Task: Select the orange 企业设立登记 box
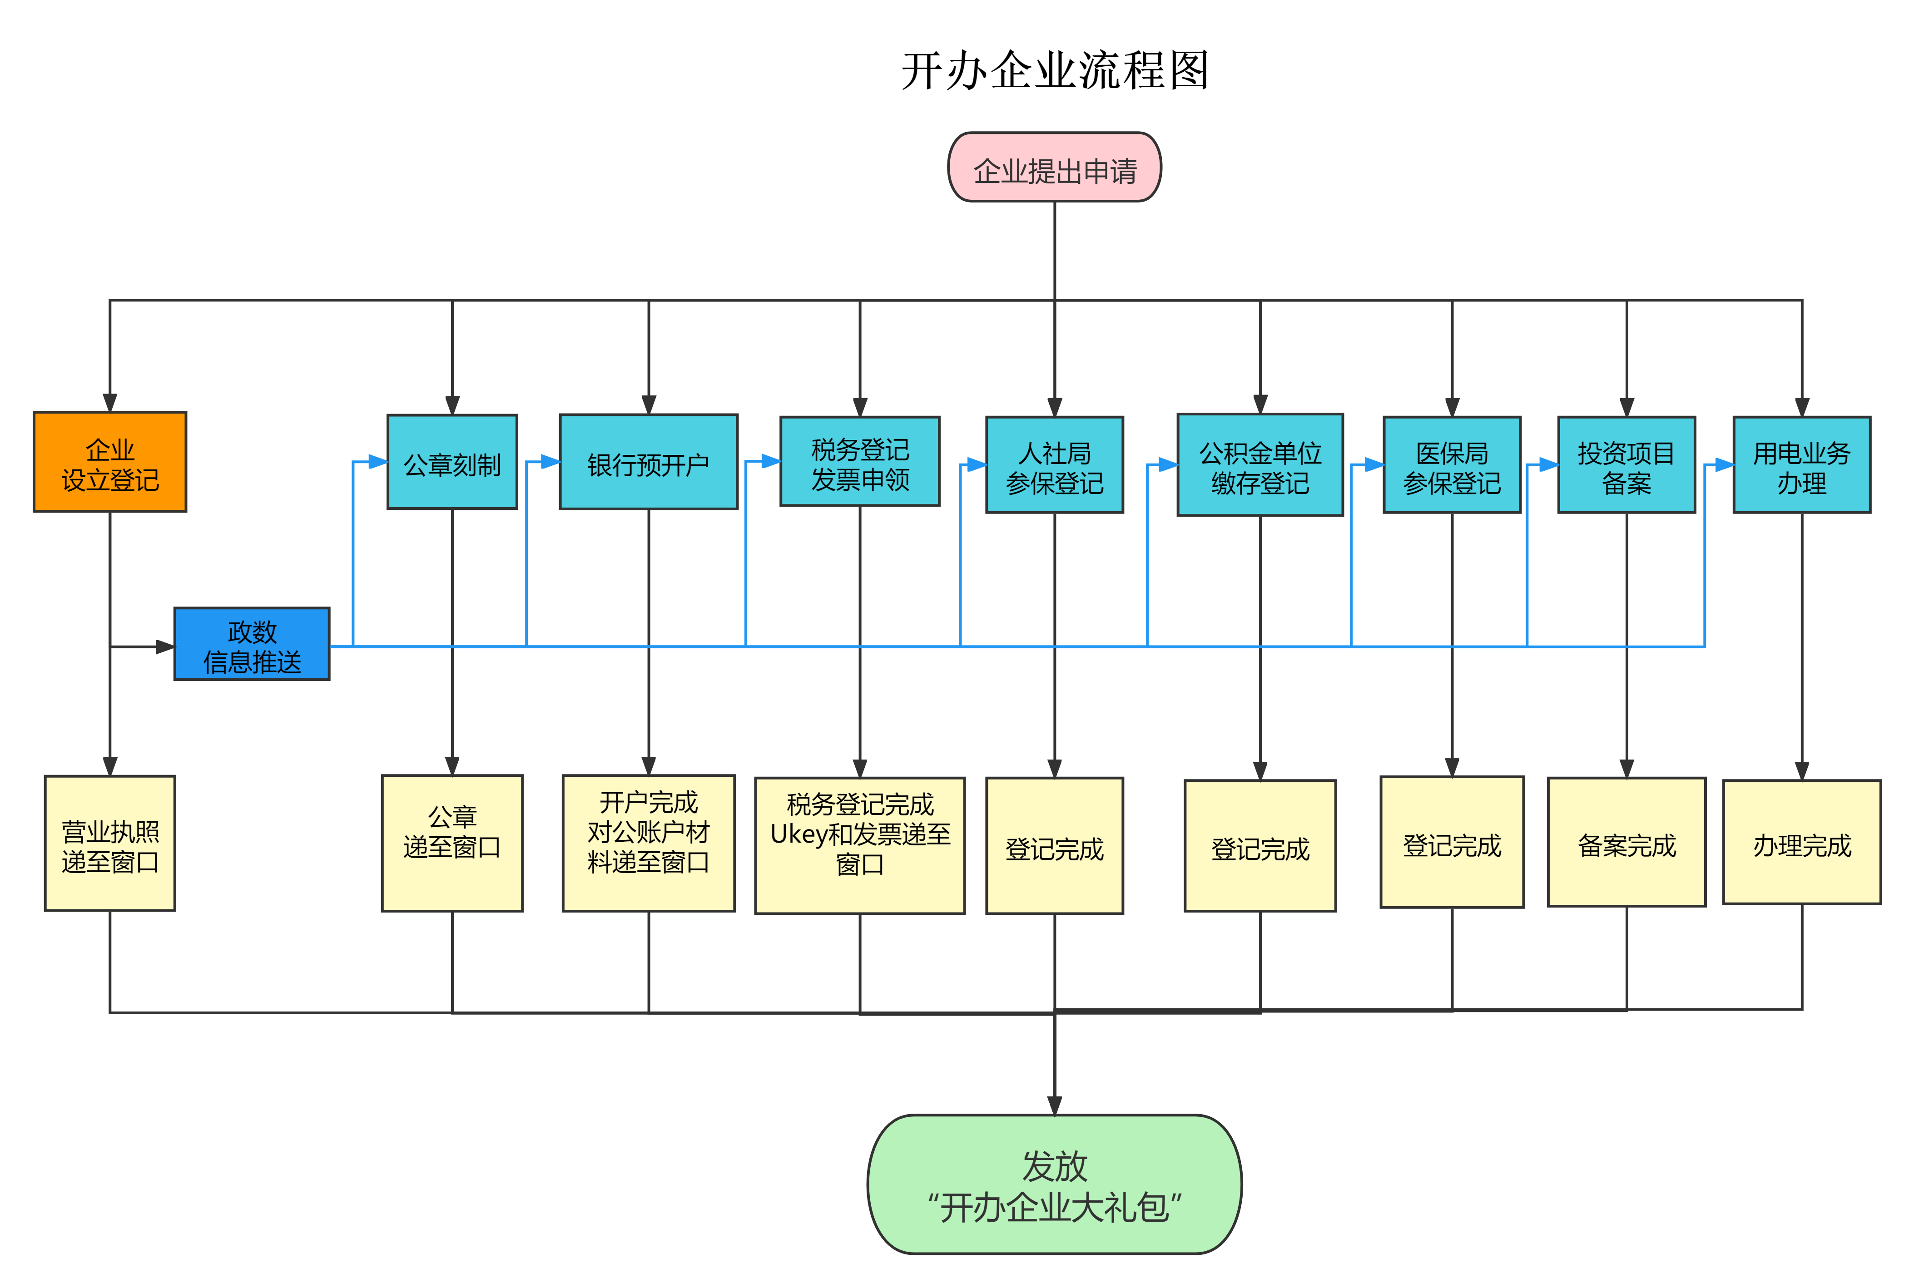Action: coord(110,463)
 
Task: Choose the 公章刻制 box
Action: coord(452,463)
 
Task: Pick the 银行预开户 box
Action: coord(649,463)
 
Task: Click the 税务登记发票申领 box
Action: coord(860,463)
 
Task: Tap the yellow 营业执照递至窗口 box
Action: coord(110,844)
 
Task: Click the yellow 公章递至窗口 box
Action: coord(452,844)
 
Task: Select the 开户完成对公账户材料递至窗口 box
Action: coord(649,844)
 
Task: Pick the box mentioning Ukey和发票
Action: coord(860,846)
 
